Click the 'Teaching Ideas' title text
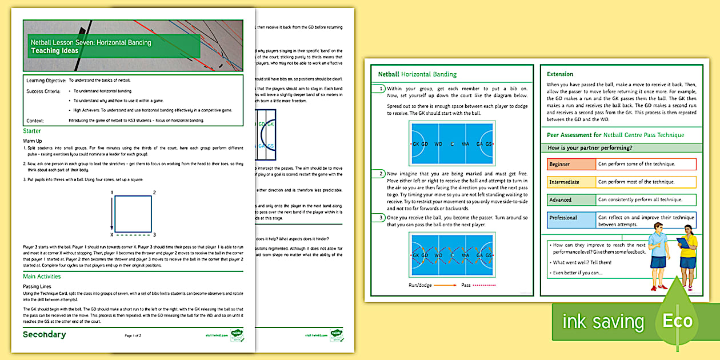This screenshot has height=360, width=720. tap(55, 51)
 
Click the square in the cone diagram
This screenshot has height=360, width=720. tap(133, 214)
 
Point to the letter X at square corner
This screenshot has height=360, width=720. tap(111, 234)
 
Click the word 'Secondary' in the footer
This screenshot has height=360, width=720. tap(44, 334)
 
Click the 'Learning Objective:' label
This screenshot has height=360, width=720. tap(46, 81)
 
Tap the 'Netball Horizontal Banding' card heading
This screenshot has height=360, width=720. tap(417, 74)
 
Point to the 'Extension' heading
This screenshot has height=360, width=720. tap(559, 74)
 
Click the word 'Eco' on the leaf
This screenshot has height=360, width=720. tap(677, 321)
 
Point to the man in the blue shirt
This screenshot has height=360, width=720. tap(659, 254)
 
